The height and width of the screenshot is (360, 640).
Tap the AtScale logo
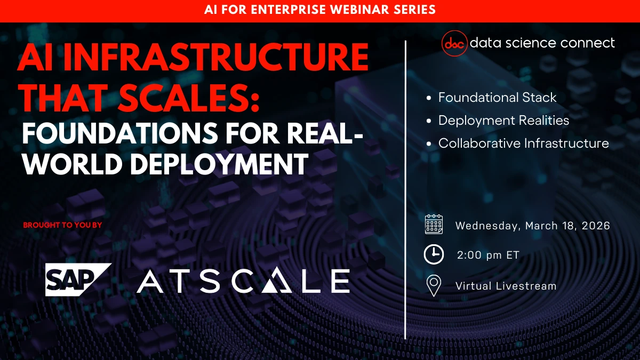[243, 281]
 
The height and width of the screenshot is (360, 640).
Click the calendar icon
[434, 225]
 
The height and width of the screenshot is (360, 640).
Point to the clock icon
[434, 255]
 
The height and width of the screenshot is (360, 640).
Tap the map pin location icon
[434, 286]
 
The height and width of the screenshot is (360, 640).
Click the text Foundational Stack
[497, 98]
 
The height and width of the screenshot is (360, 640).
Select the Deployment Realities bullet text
[503, 121]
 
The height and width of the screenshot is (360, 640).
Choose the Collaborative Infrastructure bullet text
[523, 143]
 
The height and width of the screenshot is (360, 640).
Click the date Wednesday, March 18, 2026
[532, 226]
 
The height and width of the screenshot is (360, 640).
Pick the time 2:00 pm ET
[488, 255]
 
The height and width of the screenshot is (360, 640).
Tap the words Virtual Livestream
[506, 286]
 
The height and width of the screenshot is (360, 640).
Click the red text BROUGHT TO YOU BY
[62, 225]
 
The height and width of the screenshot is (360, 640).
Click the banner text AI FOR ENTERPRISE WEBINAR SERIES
[320, 10]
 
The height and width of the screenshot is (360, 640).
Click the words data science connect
[542, 43]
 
